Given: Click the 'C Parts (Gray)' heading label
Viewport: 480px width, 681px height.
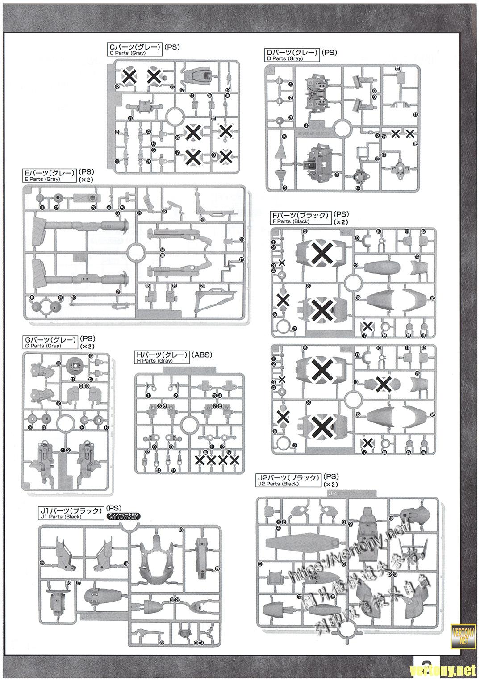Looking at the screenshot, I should coord(134,49).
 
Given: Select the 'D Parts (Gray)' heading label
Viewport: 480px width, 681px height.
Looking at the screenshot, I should coord(292,55).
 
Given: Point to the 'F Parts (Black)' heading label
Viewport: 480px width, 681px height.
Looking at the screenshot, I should coord(300,217).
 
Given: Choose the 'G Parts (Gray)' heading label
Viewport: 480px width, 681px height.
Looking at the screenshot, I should coord(50,342).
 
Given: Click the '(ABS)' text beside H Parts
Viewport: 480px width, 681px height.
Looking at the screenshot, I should coord(202,355).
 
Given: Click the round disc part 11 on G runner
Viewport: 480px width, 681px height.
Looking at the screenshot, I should coord(75,367).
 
